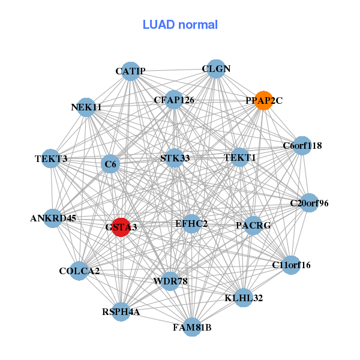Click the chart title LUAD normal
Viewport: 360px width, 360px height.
[x=180, y=25]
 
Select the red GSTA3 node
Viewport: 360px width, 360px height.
[x=121, y=227]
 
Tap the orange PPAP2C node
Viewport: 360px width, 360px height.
[x=263, y=100]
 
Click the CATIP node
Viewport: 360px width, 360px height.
[x=131, y=71]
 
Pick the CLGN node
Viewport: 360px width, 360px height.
[x=216, y=69]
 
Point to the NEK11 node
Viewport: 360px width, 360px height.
[x=86, y=107]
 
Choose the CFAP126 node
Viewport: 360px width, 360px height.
[x=174, y=100]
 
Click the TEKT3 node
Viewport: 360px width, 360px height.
[x=52, y=159]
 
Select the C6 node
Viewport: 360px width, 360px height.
[x=110, y=164]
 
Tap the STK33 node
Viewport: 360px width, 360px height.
[x=175, y=158]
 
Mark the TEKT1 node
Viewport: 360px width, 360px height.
[x=240, y=158]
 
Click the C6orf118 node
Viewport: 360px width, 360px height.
[x=302, y=145]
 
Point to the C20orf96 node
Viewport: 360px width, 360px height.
[x=309, y=203]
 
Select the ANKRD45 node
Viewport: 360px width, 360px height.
[x=53, y=218]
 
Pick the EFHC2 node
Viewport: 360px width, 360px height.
[x=191, y=224]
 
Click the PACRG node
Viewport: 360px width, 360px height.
[x=253, y=226]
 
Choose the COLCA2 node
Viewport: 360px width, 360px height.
[x=79, y=271]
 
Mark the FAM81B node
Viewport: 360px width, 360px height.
[x=192, y=327]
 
